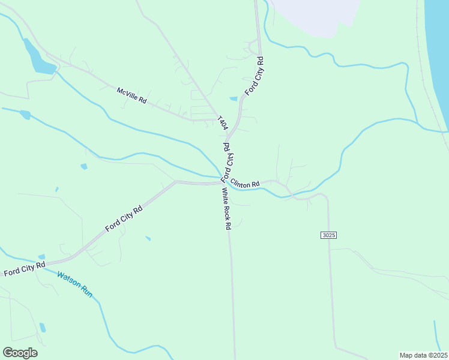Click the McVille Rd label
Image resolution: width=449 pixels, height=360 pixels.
point(131,95)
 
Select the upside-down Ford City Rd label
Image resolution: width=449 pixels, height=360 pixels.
point(227,162)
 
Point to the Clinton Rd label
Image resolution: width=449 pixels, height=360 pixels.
point(244,184)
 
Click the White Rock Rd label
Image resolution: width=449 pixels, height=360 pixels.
point(226,209)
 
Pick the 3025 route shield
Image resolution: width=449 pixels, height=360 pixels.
point(328,235)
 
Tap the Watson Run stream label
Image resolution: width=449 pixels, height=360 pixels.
point(75,285)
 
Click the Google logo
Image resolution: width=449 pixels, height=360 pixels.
point(20,353)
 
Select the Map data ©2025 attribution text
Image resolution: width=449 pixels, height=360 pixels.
point(423,355)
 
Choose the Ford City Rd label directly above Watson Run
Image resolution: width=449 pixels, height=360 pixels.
point(25,269)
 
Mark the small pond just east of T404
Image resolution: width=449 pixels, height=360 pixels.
point(234,98)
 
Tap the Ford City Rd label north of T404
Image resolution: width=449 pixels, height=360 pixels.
point(255,76)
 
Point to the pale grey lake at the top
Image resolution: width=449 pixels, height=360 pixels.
point(315,15)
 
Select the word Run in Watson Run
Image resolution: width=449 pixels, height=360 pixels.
point(88,293)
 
